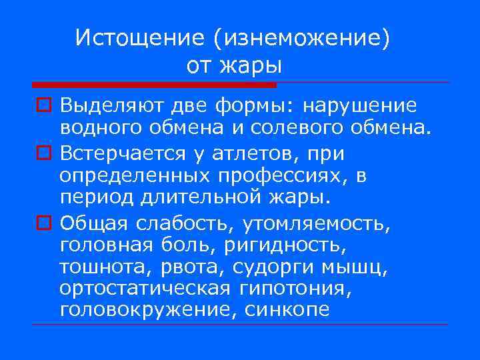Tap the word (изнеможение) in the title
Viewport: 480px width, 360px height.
(x=301, y=38)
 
